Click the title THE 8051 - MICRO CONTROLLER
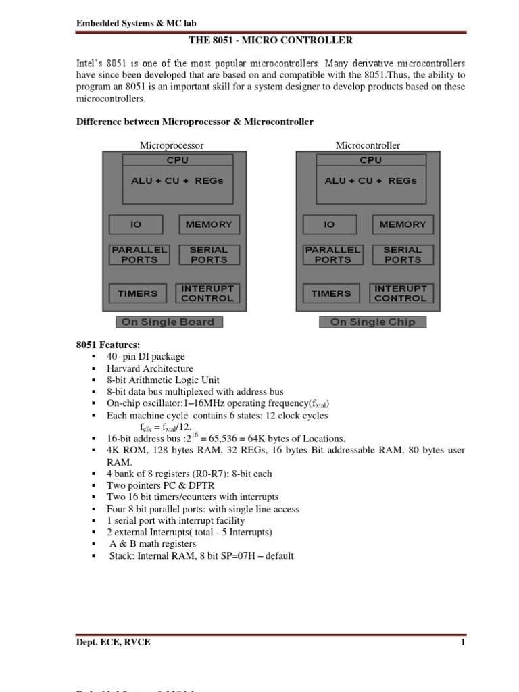pyautogui.click(x=270, y=41)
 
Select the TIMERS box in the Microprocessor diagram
pyautogui.click(x=138, y=294)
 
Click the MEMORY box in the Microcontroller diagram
pyautogui.click(x=402, y=224)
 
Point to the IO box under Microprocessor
pyautogui.click(x=136, y=224)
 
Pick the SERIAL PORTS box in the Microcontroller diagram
pyautogui.click(x=402, y=254)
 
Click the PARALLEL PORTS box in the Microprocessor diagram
pyautogui.click(x=139, y=254)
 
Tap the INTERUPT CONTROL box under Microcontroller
pyautogui.click(x=401, y=293)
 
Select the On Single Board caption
pyautogui.click(x=168, y=322)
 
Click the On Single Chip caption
pyautogui.click(x=372, y=322)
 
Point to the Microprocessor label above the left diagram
pyautogui.click(x=172, y=145)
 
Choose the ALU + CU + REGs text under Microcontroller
pyautogui.click(x=370, y=181)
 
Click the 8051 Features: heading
pyautogui.click(x=108, y=345)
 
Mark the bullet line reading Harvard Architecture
pyautogui.click(x=150, y=368)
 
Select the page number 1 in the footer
pyautogui.click(x=463, y=643)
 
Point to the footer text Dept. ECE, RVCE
pyautogui.click(x=113, y=643)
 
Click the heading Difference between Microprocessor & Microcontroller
pyautogui.click(x=195, y=122)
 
